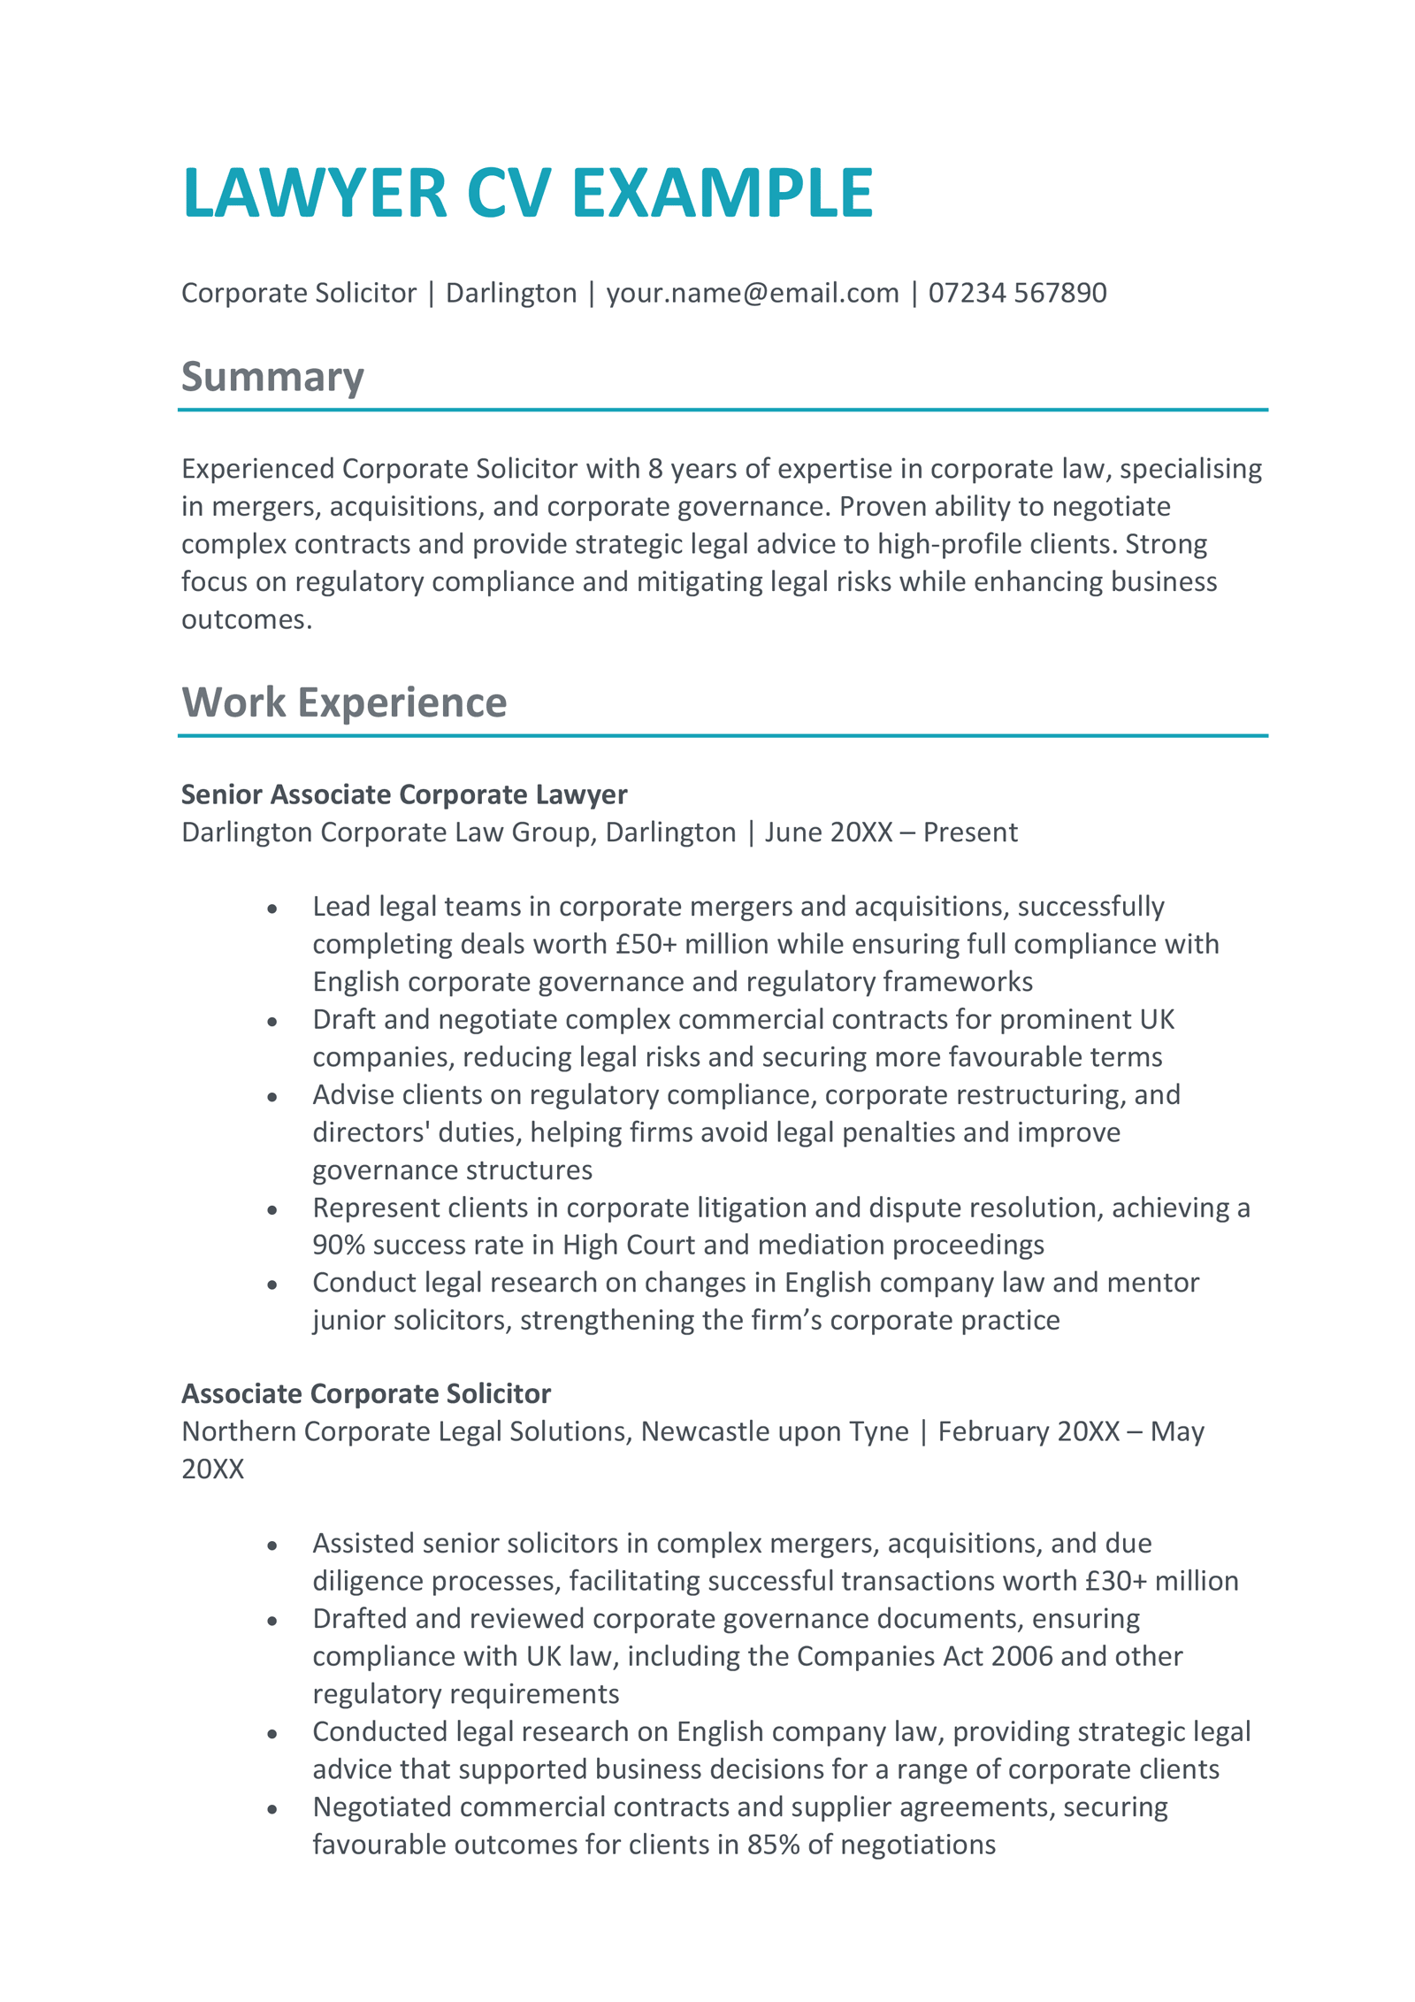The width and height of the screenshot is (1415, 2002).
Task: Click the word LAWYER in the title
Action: click(315, 193)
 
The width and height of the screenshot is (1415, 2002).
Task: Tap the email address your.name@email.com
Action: click(752, 293)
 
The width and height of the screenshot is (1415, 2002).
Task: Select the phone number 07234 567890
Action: click(1017, 293)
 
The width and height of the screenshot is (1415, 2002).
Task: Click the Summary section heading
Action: click(272, 377)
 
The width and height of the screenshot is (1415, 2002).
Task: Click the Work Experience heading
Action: click(344, 702)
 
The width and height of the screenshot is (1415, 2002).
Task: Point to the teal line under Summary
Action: click(722, 410)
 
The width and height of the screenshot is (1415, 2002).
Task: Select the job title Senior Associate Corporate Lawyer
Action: click(404, 794)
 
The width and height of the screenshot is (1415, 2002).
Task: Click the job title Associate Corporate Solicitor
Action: click(366, 1393)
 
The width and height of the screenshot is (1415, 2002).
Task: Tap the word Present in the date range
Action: click(970, 832)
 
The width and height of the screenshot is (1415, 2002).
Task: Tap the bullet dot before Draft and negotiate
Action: click(272, 1022)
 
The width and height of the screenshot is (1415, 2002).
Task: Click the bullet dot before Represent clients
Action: click(272, 1209)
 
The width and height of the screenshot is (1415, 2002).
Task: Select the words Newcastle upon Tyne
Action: click(775, 1431)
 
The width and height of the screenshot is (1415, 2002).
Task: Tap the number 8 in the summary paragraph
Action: click(655, 469)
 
